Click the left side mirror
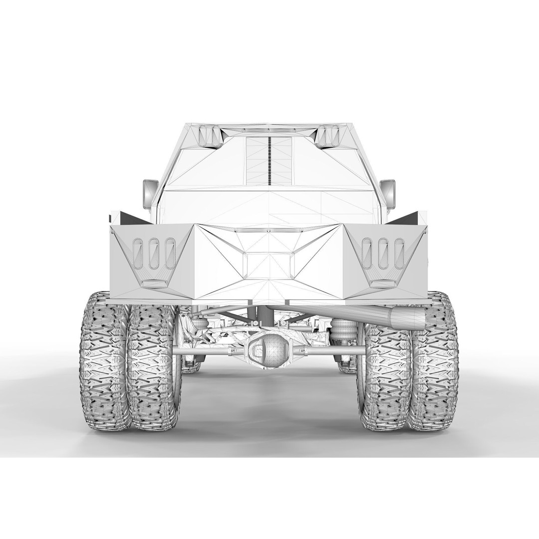[x=150, y=194]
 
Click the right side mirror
[x=388, y=194]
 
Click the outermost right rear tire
[x=434, y=361]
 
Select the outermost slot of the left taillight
[x=138, y=253]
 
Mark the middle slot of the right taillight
[x=383, y=253]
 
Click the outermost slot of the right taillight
[x=399, y=253]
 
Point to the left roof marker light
[x=210, y=136]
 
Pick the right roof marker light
[x=328, y=136]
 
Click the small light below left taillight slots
[x=154, y=283]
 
